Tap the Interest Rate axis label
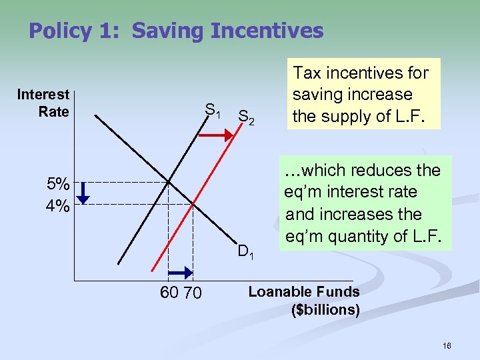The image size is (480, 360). (x=43, y=103)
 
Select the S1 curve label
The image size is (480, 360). (x=213, y=110)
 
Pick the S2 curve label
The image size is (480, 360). (x=245, y=117)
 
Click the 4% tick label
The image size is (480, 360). (x=57, y=205)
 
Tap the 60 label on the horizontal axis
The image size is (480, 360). (x=170, y=292)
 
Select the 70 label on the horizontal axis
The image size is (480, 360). (x=192, y=292)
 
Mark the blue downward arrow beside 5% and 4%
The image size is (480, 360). (x=82, y=194)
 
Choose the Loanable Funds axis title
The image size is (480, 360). (x=303, y=291)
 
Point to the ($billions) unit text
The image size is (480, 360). (x=325, y=310)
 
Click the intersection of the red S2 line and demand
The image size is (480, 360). (x=192, y=204)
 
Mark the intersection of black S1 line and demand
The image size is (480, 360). (x=169, y=182)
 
